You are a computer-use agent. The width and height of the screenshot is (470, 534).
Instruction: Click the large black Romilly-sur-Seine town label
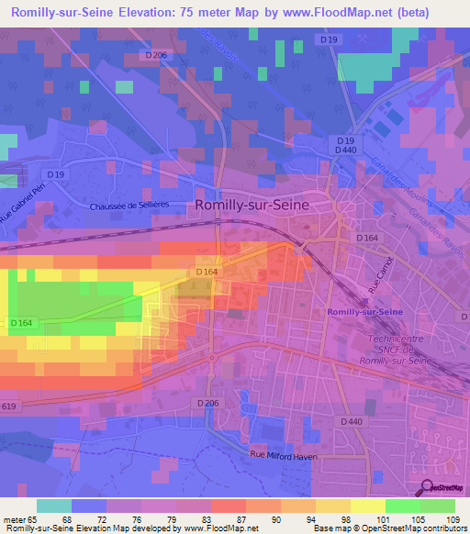pos(261,206)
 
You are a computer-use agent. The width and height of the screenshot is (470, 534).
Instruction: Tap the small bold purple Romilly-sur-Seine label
pos(364,313)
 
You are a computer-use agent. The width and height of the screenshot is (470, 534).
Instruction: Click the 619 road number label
pos(8,405)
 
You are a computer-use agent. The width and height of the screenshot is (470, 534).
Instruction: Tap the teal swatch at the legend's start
pos(53,506)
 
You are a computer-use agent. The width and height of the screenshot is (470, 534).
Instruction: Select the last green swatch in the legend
pos(437,506)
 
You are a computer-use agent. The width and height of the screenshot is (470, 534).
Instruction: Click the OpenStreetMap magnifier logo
pos(426,489)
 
